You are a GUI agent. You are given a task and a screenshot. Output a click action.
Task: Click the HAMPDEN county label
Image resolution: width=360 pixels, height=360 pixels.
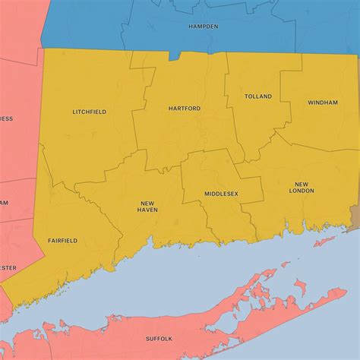click(x=203, y=27)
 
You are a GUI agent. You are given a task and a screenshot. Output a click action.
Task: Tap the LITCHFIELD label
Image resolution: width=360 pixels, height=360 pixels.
click(x=89, y=112)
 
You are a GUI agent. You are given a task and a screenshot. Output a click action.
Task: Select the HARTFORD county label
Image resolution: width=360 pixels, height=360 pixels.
click(x=185, y=109)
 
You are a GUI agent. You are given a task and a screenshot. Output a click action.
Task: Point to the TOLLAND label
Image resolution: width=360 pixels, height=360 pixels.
click(x=257, y=97)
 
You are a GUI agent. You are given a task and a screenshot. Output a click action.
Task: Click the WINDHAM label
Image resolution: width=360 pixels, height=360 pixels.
click(x=323, y=102)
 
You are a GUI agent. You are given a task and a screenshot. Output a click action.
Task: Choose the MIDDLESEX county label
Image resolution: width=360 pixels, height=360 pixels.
click(x=221, y=194)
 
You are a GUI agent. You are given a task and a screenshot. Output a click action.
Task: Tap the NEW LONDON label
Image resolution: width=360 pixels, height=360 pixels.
click(x=302, y=188)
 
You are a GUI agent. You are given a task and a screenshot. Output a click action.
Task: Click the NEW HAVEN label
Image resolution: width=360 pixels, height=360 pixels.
click(x=148, y=206)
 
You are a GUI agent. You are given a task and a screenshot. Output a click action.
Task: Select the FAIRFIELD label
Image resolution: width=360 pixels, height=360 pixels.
click(x=62, y=240)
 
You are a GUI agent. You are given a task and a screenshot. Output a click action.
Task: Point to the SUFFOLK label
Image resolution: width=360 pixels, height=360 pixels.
click(x=159, y=338)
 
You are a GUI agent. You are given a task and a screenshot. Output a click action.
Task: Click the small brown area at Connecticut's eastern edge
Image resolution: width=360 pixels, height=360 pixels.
click(x=354, y=216)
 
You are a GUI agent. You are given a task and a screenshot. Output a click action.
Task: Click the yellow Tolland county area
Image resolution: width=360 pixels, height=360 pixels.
click(x=254, y=122)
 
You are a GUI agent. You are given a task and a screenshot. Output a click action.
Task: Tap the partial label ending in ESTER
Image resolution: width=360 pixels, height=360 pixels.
click(x=7, y=267)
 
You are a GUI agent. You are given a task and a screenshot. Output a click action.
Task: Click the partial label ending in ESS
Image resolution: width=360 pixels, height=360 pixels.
click(x=5, y=118)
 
